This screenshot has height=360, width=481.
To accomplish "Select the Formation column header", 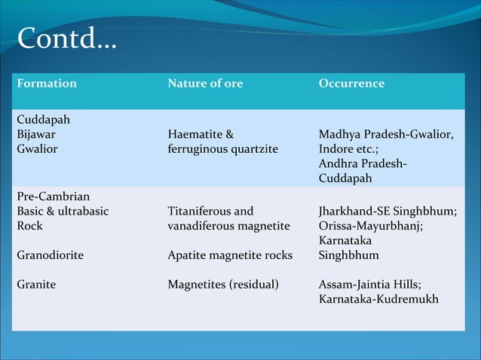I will point(47,84).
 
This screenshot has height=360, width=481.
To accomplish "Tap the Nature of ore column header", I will point(205,84).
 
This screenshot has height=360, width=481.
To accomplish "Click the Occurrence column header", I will point(351,84).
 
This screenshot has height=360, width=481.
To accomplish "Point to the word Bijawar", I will point(35,134).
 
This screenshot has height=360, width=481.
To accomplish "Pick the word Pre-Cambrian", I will point(53,197).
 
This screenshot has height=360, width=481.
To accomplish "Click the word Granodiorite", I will point(50,255).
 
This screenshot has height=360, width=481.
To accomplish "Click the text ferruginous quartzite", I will point(222,149).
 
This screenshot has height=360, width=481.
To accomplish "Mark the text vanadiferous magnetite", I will point(228,226).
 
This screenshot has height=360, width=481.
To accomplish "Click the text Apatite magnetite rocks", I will point(230,255).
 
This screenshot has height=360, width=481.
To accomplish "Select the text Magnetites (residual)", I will point(223,285).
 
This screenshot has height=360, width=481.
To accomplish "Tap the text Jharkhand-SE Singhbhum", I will point(387,211).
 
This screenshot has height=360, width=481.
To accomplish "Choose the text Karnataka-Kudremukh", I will point(378,299).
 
